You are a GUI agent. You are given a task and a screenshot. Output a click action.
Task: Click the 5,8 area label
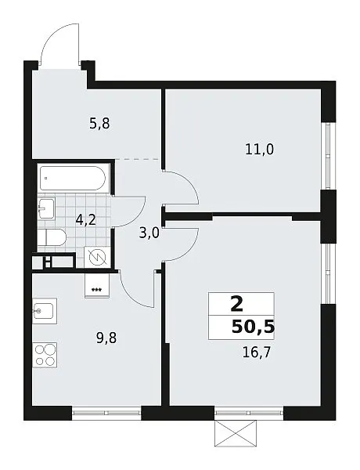pyautogui.click(x=99, y=124)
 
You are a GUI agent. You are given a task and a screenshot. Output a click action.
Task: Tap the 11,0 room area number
pyautogui.click(x=259, y=149)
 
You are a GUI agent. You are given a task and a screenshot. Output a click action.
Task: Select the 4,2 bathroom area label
pyautogui.click(x=85, y=220)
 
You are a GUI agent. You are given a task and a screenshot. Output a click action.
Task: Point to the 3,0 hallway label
pyautogui.click(x=149, y=233)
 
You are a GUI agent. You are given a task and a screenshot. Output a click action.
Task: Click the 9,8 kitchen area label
pyautogui.click(x=106, y=338)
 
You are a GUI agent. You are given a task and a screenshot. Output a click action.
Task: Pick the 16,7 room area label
pyautogui.click(x=257, y=352)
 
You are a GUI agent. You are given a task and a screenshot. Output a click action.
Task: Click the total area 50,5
pyautogui.click(x=253, y=327)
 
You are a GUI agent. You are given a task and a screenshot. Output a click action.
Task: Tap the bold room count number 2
pyautogui.click(x=237, y=304)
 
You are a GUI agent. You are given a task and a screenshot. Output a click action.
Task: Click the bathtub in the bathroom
pyautogui.click(x=73, y=179)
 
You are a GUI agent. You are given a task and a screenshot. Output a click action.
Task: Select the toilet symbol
pyautogui.click(x=52, y=237)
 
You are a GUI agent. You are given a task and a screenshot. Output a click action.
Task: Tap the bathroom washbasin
pyautogui.click(x=46, y=208)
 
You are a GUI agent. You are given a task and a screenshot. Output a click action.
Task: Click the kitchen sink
pyautogui.click(x=45, y=312)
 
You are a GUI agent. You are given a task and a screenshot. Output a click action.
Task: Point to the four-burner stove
pyautogui.click(x=45, y=355)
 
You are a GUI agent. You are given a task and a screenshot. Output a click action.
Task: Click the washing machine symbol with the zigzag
pyautogui.click(x=98, y=257)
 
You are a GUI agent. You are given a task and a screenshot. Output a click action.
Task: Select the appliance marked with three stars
pyautogui.click(x=97, y=285)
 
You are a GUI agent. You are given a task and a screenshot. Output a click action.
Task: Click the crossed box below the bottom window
pyautogui.click(x=236, y=433)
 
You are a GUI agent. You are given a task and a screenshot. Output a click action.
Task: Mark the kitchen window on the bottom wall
pyautogui.click(x=106, y=413)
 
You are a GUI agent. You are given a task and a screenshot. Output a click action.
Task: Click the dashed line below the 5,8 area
pyautogui.click(x=138, y=160)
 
